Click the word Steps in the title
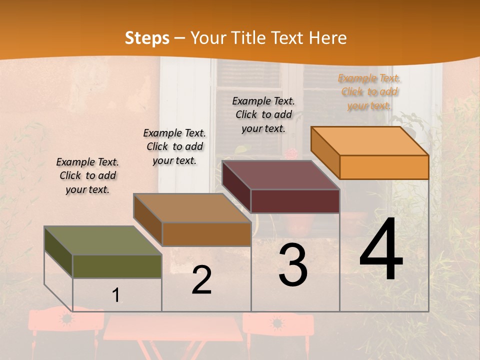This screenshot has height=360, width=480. tap(147, 38)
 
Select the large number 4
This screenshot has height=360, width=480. tap(381, 250)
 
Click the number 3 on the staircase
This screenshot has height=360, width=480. tap(293, 265)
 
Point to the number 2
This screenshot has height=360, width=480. tap(202, 280)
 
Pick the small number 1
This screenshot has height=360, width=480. tap(116, 295)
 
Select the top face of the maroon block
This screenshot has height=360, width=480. tap(281, 175)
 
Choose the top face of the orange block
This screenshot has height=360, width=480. tap(370, 141)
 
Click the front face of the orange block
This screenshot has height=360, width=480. tap(384, 167)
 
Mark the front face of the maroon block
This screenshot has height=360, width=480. tap(295, 201)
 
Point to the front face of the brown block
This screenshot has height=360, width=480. tap(206, 234)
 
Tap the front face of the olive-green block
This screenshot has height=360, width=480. tap(117, 266)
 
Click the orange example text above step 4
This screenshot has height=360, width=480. tap(369, 92)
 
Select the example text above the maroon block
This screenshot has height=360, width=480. tap(263, 114)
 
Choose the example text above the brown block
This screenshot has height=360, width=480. tap(174, 146)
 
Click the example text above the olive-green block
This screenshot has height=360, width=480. tap(87, 175)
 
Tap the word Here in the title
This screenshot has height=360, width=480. tap(328, 38)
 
